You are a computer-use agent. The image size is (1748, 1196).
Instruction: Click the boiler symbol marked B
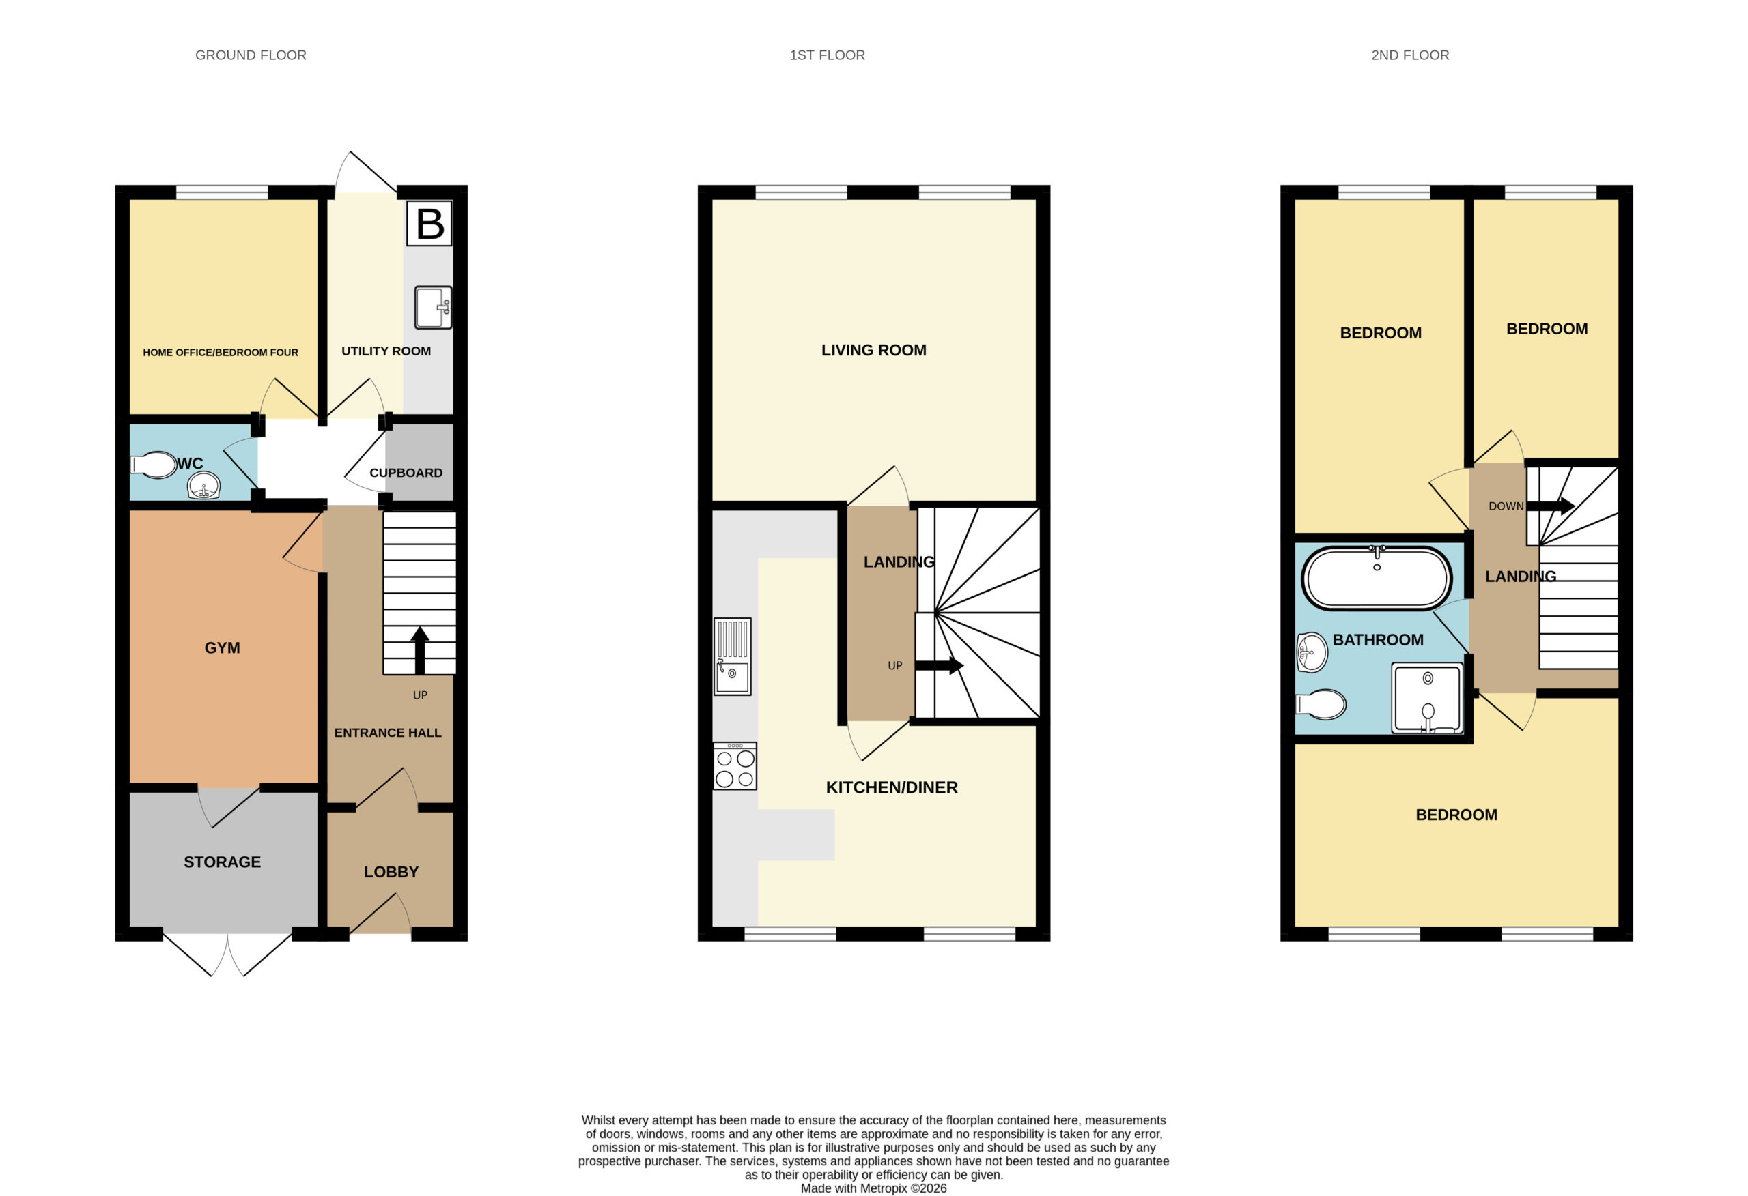(x=429, y=223)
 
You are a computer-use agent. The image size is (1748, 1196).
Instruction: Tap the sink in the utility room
(x=433, y=308)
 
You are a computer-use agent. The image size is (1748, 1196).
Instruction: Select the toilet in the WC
(x=154, y=465)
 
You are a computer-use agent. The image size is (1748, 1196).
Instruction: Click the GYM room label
(x=223, y=648)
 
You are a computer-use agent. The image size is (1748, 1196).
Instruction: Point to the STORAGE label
(x=223, y=862)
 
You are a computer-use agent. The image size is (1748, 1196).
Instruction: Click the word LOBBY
(x=391, y=872)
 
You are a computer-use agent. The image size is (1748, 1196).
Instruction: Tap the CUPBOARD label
(x=406, y=473)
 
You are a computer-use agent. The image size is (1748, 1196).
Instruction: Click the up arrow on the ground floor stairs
(x=420, y=651)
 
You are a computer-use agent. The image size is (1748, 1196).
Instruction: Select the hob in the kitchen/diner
(x=735, y=766)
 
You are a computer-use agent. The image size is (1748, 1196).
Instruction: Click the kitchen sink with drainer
(x=733, y=656)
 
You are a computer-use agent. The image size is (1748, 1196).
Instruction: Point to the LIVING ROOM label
(x=874, y=350)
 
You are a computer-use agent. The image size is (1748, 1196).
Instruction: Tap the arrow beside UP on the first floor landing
(x=940, y=665)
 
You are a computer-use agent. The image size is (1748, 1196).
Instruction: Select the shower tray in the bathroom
(x=1428, y=697)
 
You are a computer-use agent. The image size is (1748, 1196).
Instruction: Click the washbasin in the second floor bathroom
(x=1312, y=652)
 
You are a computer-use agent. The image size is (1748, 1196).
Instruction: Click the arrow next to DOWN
(x=1551, y=506)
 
